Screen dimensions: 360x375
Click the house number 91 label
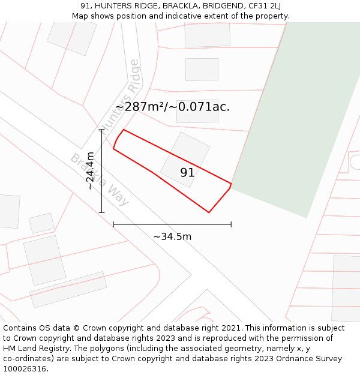pyautogui.click(x=187, y=173)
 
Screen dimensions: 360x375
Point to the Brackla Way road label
pyautogui.click(x=100, y=179)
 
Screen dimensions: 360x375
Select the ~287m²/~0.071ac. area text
pyautogui.click(x=172, y=107)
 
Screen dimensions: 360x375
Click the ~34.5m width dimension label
pyautogui.click(x=172, y=236)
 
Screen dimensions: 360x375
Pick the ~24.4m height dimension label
pyautogui.click(x=90, y=171)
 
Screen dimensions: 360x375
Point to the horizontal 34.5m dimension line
pyautogui.click(x=172, y=225)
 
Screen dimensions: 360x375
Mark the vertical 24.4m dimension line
pyautogui.click(x=102, y=171)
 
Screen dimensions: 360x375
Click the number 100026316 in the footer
pyautogui.click(x=26, y=369)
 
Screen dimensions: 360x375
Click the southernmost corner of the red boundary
pyautogui.click(x=209, y=212)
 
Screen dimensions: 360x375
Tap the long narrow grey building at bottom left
pyautogui.click(x=68, y=290)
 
